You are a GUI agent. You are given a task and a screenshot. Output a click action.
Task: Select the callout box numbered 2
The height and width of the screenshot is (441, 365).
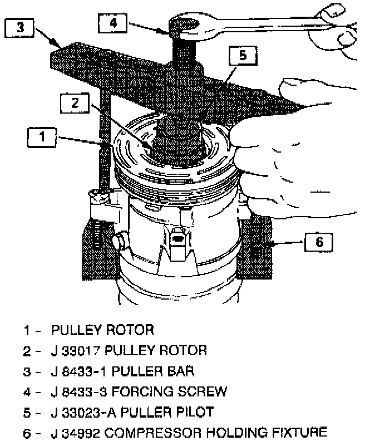click(x=75, y=102)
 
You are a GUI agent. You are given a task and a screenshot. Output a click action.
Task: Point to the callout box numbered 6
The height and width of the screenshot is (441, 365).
click(x=319, y=242)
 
